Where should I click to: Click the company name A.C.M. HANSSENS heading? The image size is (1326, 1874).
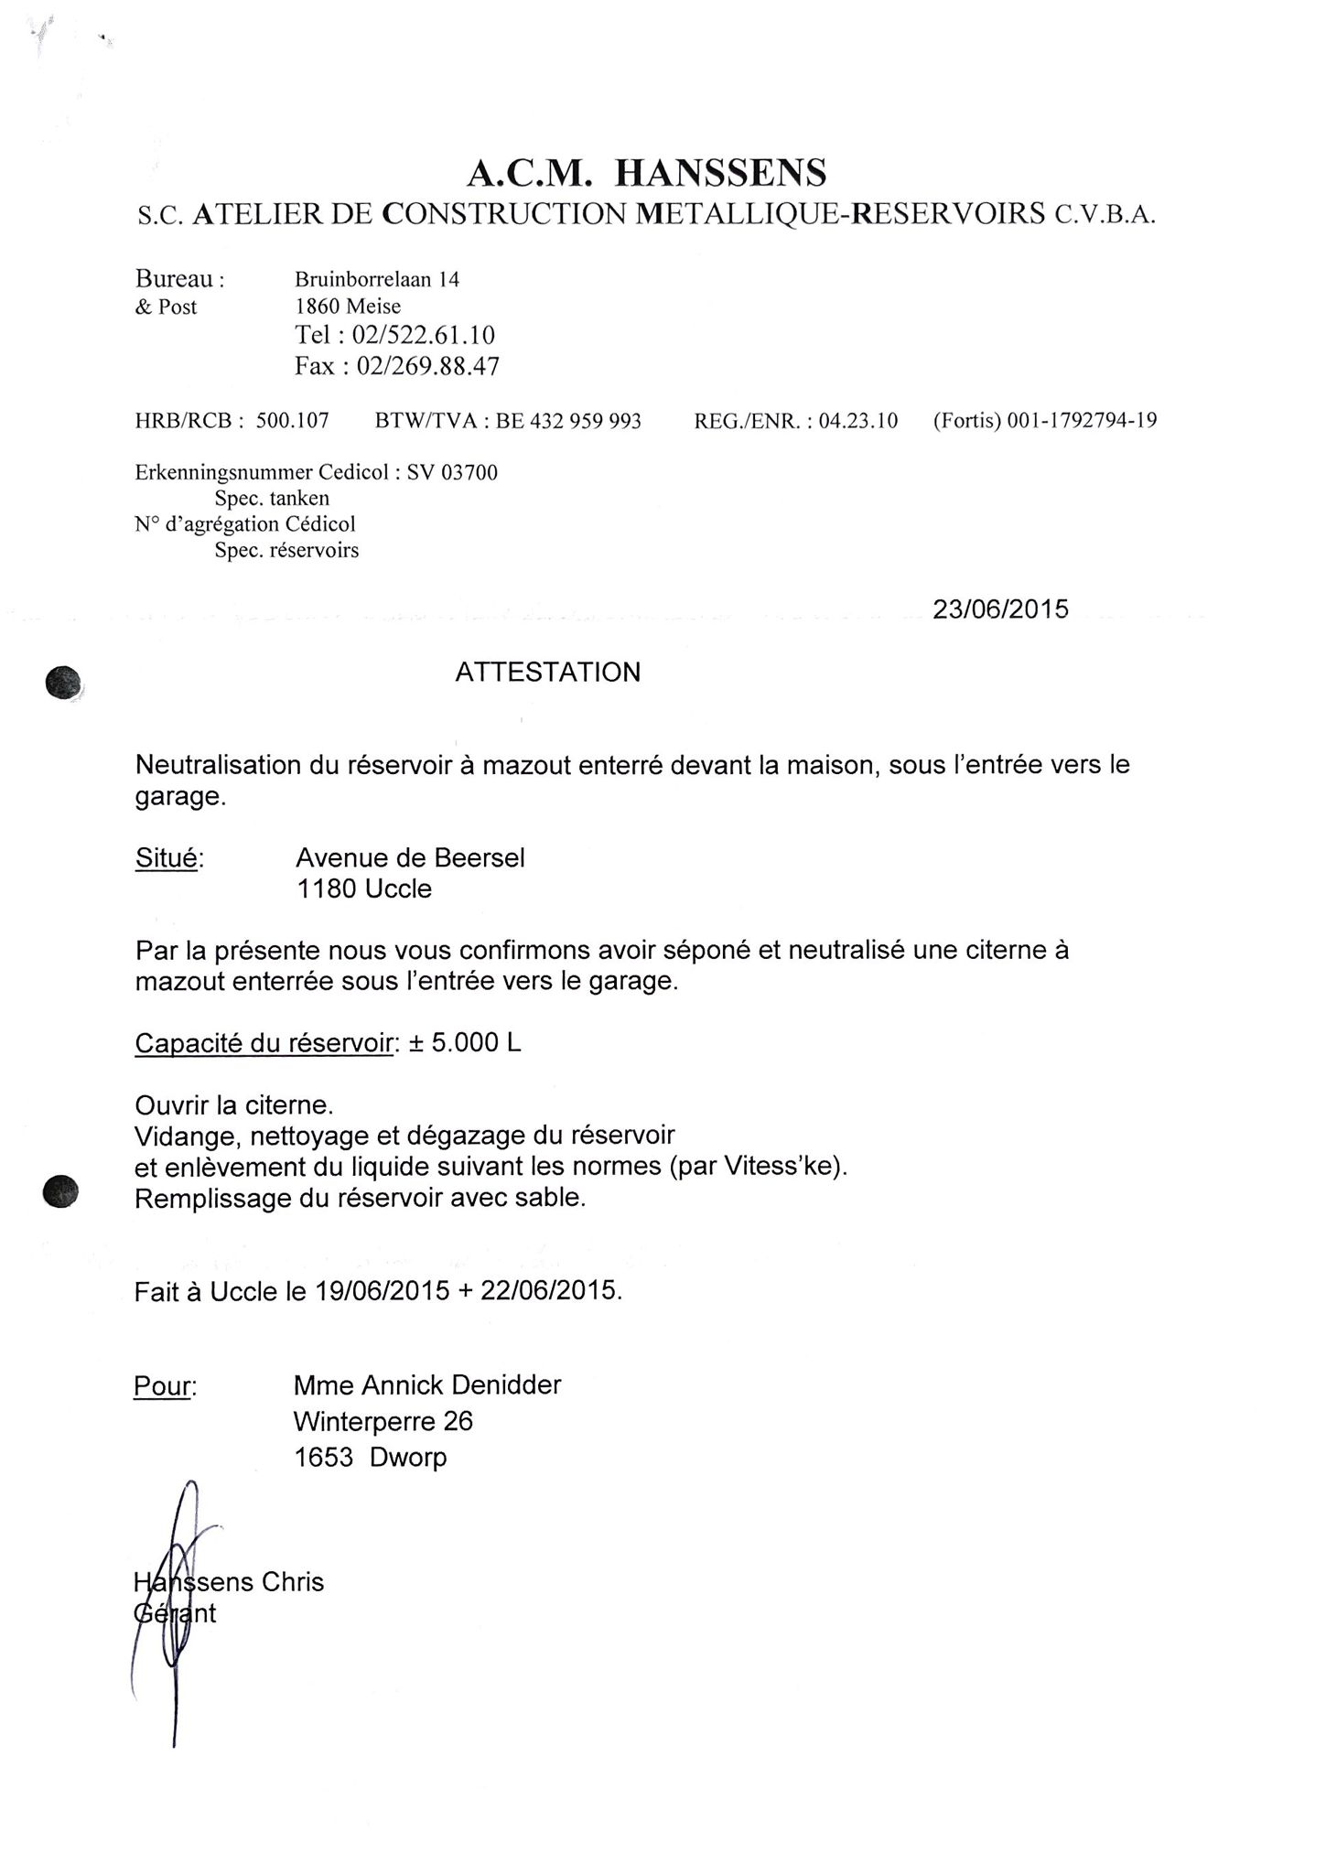tap(647, 172)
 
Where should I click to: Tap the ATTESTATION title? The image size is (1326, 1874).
tap(547, 673)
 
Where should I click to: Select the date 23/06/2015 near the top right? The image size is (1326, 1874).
tap(1000, 609)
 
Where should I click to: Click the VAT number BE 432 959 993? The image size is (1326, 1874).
tap(568, 421)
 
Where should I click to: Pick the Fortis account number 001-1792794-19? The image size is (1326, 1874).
tap(1082, 421)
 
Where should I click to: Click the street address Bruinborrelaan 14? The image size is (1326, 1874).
tap(376, 279)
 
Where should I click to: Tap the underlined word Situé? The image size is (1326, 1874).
tap(168, 858)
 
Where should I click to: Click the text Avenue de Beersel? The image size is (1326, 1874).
tap(410, 858)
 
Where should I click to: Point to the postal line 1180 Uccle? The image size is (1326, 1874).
tap(363, 889)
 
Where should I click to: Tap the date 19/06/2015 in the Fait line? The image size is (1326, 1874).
tap(382, 1291)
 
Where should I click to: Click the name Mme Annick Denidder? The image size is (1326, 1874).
tap(426, 1385)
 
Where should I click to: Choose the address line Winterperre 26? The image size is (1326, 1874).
tap(383, 1421)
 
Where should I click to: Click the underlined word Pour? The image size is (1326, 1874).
tap(165, 1386)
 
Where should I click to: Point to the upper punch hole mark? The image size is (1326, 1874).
tap(63, 683)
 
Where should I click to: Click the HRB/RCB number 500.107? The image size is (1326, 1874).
tap(292, 421)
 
